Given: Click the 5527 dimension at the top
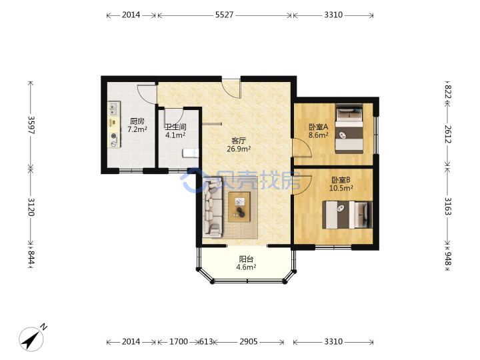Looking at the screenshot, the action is pos(224,15).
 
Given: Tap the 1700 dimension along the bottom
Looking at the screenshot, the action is pos(179,341).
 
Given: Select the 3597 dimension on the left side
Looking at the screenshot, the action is pos(31,125).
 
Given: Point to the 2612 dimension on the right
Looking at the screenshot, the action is pos(447,134).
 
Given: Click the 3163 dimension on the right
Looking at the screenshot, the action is pos(447,206).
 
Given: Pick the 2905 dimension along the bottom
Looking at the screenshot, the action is pos(248,341).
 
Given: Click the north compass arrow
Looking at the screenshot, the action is pos(31,339).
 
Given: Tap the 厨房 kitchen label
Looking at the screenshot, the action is pos(137,121).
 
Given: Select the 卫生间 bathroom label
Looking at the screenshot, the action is pos(175,127).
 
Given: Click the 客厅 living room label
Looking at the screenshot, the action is pos(239,141).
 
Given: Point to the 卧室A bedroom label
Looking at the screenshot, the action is pos(319,127).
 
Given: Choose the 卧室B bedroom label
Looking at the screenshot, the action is pos(341,180).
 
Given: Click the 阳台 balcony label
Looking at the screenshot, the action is pos(246,259).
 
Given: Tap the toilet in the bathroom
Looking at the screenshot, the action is pos(191,153).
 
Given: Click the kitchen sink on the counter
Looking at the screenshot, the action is pos(113,109).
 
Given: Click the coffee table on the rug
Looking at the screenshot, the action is pos(239,207).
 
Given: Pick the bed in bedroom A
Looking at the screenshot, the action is pos(349,129).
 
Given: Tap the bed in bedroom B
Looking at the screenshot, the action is pos(347,215).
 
